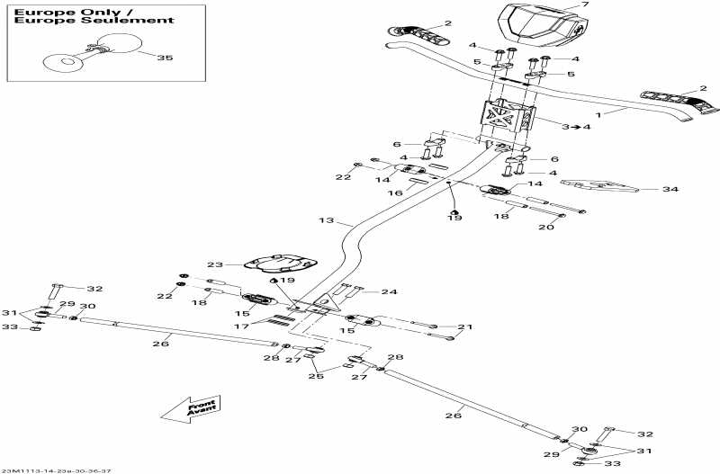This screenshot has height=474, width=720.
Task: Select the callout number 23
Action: pyautogui.click(x=214, y=265)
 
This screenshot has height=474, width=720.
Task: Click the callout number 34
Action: pyautogui.click(x=669, y=190)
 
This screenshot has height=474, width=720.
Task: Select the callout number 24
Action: pyautogui.click(x=389, y=291)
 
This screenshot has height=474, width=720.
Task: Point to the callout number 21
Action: pyautogui.click(x=464, y=327)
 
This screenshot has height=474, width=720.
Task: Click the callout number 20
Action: pyautogui.click(x=546, y=228)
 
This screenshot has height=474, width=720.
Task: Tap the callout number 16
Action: pyautogui.click(x=393, y=193)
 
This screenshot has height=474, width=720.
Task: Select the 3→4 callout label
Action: pyautogui.click(x=576, y=127)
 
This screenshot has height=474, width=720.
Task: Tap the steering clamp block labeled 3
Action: pyautogui.click(x=509, y=121)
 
